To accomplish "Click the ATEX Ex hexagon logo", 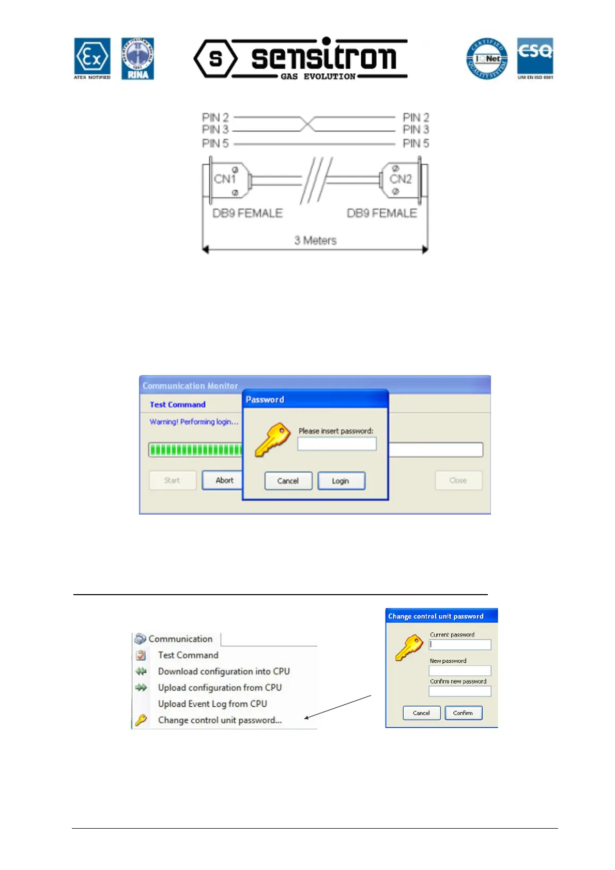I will (x=92, y=57).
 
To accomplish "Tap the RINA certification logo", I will (x=137, y=58).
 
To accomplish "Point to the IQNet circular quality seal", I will (x=487, y=59).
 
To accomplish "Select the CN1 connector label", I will (x=225, y=179).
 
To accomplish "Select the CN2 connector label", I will (x=401, y=179).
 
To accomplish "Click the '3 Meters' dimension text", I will (x=315, y=240).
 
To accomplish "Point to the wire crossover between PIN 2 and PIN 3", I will (x=307, y=124).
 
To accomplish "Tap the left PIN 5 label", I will (x=215, y=143).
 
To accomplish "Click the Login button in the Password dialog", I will (x=341, y=481).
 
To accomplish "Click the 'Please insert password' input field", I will (x=337, y=444).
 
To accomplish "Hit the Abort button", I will (x=224, y=480).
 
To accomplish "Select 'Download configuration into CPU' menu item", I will (x=224, y=671).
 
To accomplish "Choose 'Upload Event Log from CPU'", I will (x=212, y=704).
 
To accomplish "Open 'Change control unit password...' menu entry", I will (x=220, y=720).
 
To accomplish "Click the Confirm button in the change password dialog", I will (x=463, y=713).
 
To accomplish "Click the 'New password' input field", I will (x=459, y=671).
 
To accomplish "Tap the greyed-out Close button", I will (x=458, y=480).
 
